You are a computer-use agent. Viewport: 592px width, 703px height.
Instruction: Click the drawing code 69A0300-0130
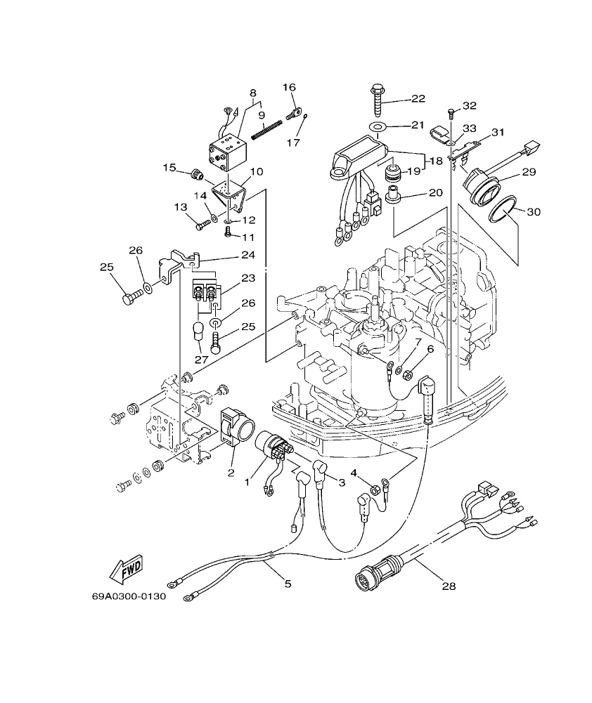[x=128, y=597]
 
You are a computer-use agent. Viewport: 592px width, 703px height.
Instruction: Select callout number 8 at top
[x=252, y=92]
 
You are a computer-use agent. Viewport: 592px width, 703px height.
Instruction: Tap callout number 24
[x=247, y=254]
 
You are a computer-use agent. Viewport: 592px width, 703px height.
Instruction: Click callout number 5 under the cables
[x=287, y=582]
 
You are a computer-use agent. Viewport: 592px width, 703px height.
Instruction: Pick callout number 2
[x=230, y=473]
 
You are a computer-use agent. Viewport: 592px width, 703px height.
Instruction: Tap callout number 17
[x=293, y=143]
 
